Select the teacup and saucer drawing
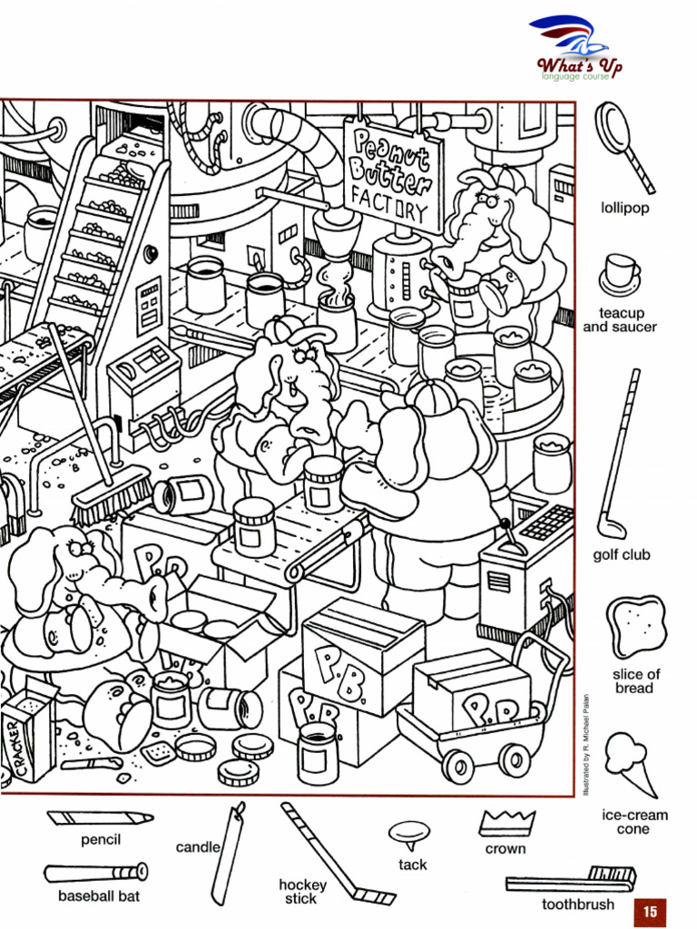click(620, 274)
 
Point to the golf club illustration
click(619, 454)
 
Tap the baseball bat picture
click(96, 873)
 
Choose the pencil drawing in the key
click(99, 817)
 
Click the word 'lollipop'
click(624, 208)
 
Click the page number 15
click(650, 911)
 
